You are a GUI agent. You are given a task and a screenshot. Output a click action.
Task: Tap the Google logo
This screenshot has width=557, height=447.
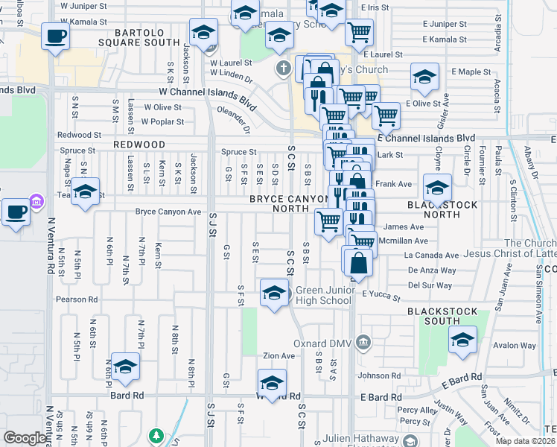25,438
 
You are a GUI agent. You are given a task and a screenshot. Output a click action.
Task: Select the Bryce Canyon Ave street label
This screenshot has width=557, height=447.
168,212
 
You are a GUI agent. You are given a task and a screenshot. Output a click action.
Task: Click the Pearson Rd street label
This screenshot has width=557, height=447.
77,299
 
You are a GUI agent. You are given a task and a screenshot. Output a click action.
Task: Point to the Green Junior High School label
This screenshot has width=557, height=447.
323,295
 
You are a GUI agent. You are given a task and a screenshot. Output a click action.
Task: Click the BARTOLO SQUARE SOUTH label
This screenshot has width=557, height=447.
147,37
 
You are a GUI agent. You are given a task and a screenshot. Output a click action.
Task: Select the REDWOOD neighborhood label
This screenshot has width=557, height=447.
139,144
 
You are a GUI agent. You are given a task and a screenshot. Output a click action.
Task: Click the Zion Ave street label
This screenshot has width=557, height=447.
278,356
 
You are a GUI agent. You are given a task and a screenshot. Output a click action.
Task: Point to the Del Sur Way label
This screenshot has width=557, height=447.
430,285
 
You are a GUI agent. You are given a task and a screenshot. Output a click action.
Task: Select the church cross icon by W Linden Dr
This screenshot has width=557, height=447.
282,69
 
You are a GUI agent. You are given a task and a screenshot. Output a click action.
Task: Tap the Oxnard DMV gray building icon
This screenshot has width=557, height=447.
363,342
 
